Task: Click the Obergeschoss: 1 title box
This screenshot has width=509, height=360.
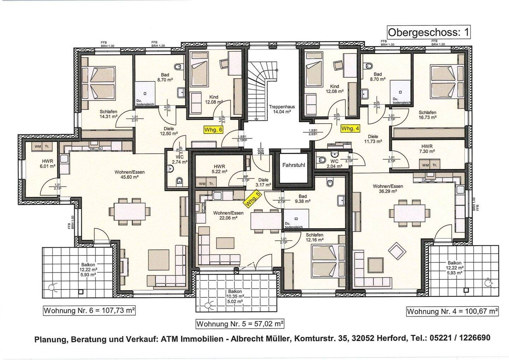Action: (x=429, y=32)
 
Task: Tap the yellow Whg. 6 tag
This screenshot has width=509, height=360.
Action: (x=213, y=130)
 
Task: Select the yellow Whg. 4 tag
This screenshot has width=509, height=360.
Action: (x=350, y=129)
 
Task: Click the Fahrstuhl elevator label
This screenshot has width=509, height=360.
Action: (x=293, y=165)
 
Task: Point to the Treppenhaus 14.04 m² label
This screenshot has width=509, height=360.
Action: (x=281, y=109)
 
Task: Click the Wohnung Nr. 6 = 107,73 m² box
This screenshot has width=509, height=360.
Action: (x=89, y=311)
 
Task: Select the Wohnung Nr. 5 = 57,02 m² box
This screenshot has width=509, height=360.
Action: (x=240, y=324)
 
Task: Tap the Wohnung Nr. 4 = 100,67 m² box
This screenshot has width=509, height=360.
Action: (x=452, y=311)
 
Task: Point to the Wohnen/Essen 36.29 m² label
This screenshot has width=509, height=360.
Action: (x=388, y=188)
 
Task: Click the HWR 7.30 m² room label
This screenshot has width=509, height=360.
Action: (x=427, y=148)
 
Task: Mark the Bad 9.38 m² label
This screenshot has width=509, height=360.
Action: (x=303, y=199)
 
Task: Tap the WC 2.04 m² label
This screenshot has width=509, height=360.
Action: (x=334, y=164)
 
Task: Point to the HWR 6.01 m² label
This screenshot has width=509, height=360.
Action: (x=47, y=163)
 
